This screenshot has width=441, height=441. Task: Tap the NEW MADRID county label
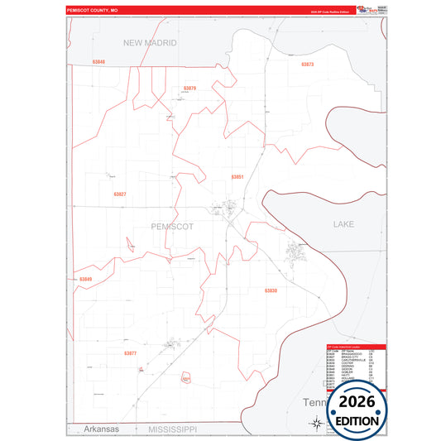pos(150,42)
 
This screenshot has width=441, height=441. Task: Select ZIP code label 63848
pos(99,62)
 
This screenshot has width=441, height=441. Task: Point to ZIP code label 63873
pos(307,64)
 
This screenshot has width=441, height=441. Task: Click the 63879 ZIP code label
pos(189,88)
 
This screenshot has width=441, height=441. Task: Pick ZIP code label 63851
pos(237,177)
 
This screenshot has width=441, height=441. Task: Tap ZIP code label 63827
pos(120,194)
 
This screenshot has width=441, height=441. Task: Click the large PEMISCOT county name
pos(173,225)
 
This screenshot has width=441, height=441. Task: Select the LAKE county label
pos(343,224)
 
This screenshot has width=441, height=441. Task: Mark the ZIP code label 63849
pos(87,280)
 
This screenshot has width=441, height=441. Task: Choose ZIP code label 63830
pos(271,290)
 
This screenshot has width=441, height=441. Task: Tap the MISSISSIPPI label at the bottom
pos(172,429)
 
